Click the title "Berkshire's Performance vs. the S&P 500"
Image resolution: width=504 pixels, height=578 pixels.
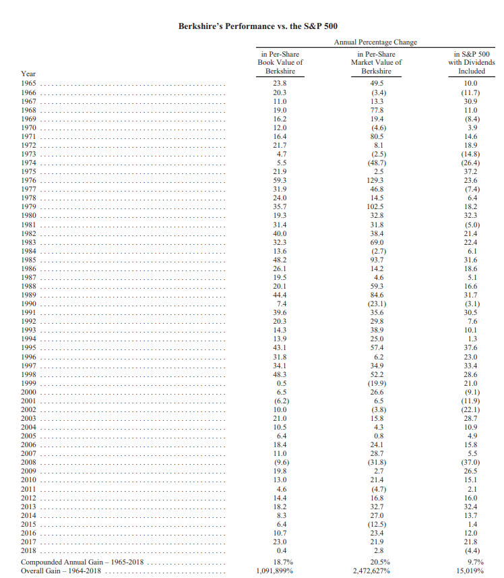tap(252, 26)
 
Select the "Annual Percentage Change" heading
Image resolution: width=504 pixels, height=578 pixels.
tap(375, 42)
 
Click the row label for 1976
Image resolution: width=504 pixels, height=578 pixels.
tap(29, 180)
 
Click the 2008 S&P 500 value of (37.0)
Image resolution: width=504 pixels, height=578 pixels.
tap(471, 462)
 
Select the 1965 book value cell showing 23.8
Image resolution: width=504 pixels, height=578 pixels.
tap(280, 83)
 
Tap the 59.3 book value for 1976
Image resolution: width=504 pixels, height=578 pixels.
tap(280, 180)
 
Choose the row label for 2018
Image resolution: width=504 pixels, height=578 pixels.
tap(29, 550)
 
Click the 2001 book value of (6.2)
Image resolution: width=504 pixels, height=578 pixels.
tap(280, 401)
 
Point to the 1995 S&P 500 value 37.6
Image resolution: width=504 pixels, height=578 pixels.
tap(471, 347)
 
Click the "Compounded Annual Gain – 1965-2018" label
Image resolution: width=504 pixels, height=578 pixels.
tap(84, 562)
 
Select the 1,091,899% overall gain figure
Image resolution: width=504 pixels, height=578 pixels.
tap(280, 571)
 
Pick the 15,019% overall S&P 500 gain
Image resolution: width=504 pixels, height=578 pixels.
tap(471, 571)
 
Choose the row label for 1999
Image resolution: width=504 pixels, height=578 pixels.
tap(29, 383)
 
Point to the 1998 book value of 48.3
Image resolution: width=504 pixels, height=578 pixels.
tap(280, 374)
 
